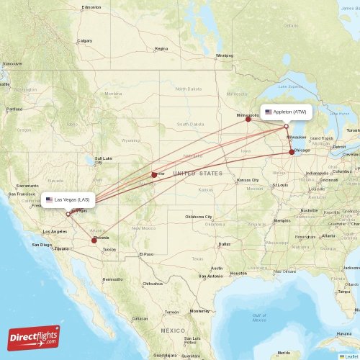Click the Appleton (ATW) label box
289,112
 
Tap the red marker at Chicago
292,152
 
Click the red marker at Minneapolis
248,119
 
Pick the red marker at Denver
154,174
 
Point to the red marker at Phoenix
94,240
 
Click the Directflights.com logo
34,337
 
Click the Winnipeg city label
225,55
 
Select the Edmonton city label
91,7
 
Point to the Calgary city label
85,41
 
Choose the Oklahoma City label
199,216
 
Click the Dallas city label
225,244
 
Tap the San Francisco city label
21,194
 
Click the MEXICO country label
173,330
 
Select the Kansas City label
248,179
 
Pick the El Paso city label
146,254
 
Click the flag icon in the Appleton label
269,112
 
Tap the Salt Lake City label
104,160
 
